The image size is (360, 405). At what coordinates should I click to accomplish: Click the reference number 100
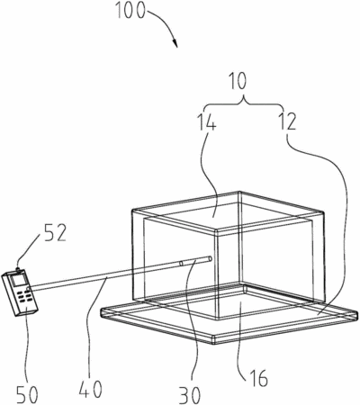130,11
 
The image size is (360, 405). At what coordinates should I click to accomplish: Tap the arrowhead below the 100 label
175,43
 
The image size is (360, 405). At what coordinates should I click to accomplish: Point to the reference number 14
206,122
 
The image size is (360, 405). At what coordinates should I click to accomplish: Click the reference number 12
287,121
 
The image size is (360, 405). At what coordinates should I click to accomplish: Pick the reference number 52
56,234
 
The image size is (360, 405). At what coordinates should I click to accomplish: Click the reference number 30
190,395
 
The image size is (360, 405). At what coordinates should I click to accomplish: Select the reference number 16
257,378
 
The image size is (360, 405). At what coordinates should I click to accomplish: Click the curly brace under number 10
243,103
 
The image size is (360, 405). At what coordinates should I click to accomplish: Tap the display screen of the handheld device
17,280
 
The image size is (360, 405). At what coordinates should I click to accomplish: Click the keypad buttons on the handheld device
24,296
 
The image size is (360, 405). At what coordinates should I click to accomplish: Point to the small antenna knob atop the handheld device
19,269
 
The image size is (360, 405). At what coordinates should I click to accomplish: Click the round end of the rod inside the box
210,258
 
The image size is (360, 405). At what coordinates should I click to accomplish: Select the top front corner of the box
217,231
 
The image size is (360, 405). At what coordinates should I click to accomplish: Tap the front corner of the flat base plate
214,339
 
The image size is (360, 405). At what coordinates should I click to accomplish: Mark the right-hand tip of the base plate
357,315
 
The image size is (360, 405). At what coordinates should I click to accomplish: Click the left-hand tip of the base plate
102,312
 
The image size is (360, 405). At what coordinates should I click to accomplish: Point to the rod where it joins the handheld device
30,289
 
